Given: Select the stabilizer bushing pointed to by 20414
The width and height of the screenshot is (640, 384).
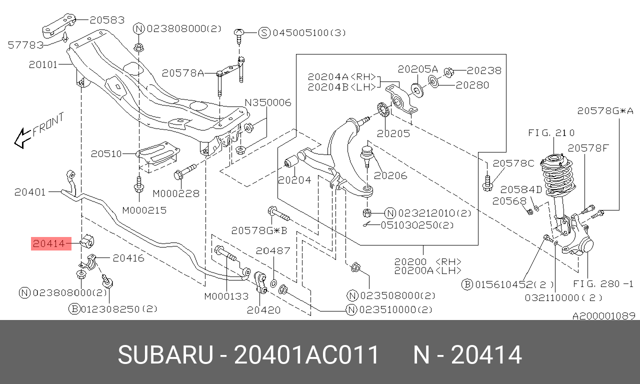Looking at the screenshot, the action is pos(87,241).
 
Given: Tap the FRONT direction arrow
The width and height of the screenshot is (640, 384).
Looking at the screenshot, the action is pos(22,138).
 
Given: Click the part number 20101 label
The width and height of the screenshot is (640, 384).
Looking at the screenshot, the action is pos(43,64).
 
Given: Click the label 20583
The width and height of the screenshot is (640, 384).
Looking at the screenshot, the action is pos(107,20).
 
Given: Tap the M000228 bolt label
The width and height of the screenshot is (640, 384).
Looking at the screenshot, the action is pos(176,193).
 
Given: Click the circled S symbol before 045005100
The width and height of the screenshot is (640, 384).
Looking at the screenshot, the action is pos(264,33).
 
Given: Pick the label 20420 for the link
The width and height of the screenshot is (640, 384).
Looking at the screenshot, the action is pos(263,310).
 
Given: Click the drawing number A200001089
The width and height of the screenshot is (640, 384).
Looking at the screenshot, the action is pos(603,315).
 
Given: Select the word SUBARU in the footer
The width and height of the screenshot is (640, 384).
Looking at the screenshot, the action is pos(165,355).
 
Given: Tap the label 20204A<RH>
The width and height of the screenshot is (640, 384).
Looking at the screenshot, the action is pos(341,77).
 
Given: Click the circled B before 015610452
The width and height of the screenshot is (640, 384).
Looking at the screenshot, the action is pos(467,284).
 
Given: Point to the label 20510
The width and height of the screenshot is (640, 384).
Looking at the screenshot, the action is pos(106,154).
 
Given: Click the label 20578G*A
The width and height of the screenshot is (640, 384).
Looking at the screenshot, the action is pos(605,111).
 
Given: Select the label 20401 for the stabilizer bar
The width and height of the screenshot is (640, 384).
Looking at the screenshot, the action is pos(30,192).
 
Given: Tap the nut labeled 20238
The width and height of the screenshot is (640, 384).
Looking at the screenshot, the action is pos(449,72).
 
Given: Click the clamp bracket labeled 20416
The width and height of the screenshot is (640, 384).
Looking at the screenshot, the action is pos(91,261).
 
